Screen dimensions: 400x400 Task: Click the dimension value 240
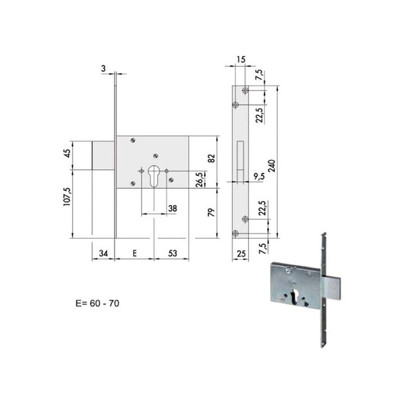[272, 166]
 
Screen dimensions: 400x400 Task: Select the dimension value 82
[212, 158]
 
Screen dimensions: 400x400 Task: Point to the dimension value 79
[212, 213]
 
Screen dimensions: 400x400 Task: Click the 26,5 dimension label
[200, 179]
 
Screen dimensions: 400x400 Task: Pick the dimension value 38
[173, 209]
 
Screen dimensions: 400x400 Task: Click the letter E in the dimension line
[134, 253]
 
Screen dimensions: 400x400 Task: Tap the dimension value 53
[173, 253]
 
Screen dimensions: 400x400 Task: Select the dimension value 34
[103, 253]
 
